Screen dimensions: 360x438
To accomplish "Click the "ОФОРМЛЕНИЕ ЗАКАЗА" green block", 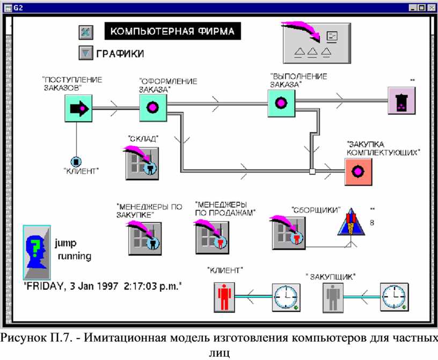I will click(152, 108).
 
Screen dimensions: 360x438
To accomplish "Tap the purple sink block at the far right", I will click(401, 102).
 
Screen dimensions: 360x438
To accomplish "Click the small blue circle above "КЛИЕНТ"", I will click(76, 161).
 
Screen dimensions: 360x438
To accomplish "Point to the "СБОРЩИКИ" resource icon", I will click(286, 232).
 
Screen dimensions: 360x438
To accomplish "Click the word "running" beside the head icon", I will click(75, 256).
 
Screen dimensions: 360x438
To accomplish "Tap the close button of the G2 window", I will click(429, 8).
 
